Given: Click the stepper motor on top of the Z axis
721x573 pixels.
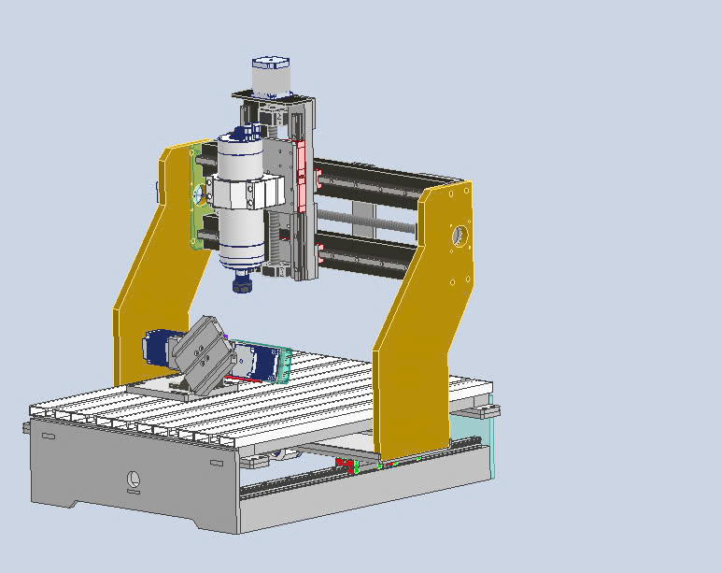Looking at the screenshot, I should click(x=270, y=77).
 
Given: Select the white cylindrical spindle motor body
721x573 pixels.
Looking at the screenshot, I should click(x=240, y=229).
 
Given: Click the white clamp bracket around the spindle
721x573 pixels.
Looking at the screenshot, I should click(x=247, y=192).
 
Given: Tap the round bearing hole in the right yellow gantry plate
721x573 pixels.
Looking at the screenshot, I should click(x=459, y=235).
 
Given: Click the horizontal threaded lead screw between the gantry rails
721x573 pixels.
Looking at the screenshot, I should click(x=364, y=221).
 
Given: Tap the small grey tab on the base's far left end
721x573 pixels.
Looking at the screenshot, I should click(x=25, y=427).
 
